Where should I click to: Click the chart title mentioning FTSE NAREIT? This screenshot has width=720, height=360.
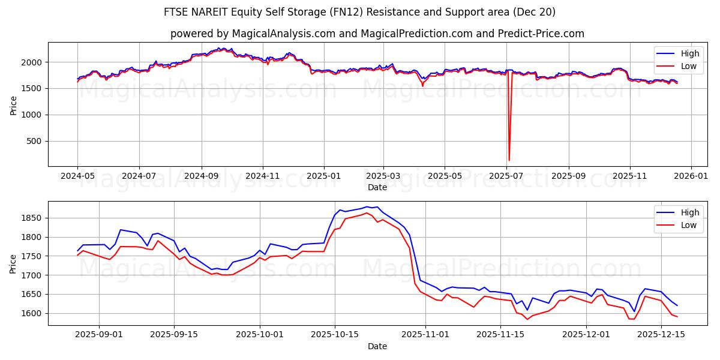pos(359,12)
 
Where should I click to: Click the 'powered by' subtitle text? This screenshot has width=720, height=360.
pos(377,34)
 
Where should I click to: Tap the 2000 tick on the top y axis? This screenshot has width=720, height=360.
pos(31,62)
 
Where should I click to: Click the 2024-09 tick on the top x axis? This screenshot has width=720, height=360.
pos(201,177)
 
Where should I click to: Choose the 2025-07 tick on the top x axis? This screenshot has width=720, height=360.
pos(508,177)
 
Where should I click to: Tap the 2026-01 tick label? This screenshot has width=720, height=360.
pos(691,177)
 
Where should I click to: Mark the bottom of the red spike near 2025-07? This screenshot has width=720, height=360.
pos(509,160)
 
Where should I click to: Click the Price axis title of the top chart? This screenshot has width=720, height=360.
pos(14,105)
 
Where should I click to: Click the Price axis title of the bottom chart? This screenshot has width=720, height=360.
pos(14,263)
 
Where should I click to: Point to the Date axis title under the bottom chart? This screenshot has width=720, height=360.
pos(377,346)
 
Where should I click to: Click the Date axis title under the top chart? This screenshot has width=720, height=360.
pos(377,187)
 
